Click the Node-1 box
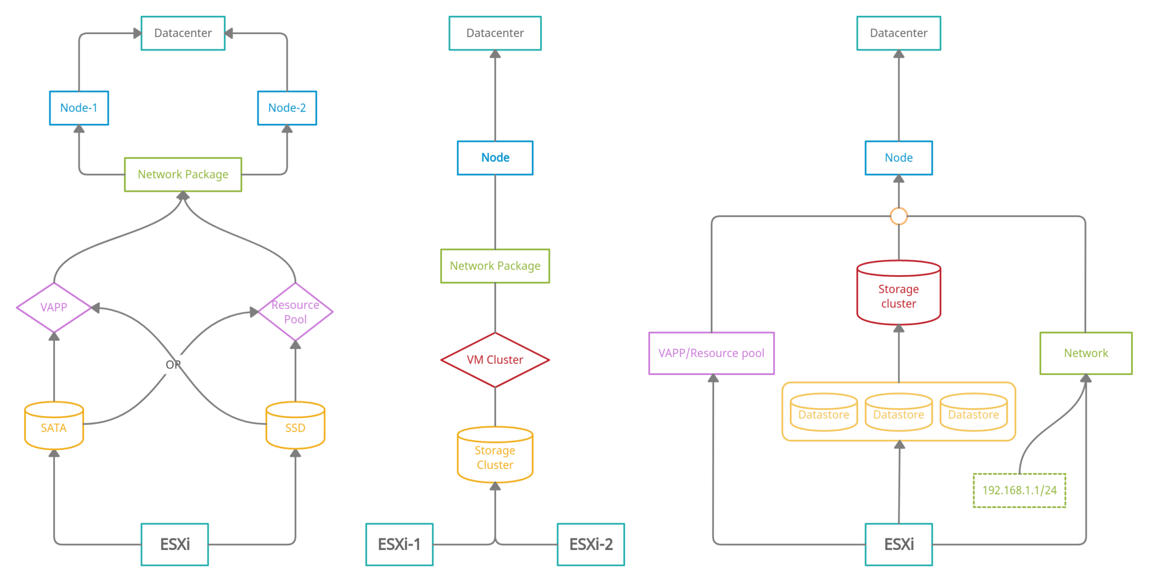point(79,108)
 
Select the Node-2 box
point(287,108)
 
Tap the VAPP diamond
point(54,307)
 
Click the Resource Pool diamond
point(295,312)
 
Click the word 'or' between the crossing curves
point(173,364)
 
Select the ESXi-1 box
point(399,544)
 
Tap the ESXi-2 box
point(591,544)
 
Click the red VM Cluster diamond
point(495,360)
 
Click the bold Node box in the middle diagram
point(495,158)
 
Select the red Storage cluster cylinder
point(898,294)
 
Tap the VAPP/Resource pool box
point(711,353)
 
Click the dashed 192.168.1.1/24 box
point(1019,490)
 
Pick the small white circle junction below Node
point(899,216)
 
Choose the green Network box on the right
point(1086,353)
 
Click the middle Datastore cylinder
point(898,414)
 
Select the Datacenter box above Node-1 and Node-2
point(183,33)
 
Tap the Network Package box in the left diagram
point(183,174)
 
